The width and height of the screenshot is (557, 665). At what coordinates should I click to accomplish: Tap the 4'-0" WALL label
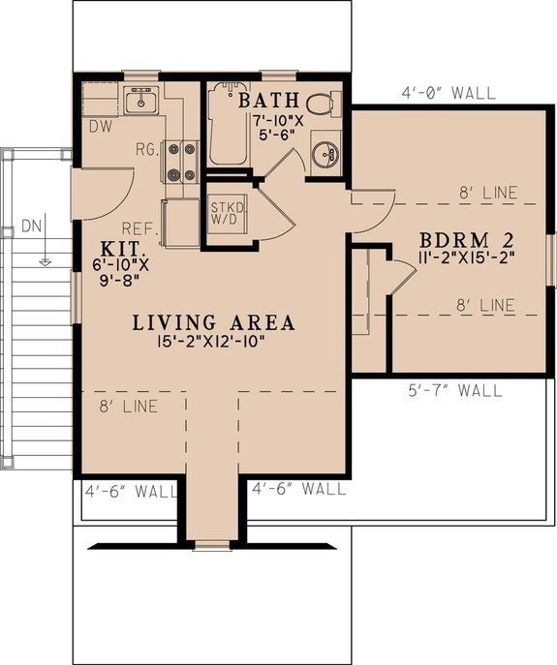pos(449,94)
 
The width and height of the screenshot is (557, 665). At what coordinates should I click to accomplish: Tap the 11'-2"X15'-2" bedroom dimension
pos(465,258)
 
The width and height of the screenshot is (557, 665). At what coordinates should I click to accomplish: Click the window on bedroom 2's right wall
pos(549,259)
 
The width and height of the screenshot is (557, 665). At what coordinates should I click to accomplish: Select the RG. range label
pos(144,150)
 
